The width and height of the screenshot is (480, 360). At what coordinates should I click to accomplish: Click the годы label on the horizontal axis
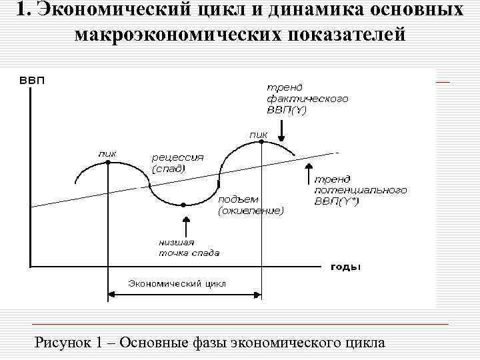pos(345,267)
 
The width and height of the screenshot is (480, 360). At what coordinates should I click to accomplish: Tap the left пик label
pos(107,153)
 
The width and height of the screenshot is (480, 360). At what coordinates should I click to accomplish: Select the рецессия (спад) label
pos(177,163)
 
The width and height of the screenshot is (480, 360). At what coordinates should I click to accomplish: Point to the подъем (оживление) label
pos(251,205)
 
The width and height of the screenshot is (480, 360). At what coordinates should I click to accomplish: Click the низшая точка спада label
pos(189,247)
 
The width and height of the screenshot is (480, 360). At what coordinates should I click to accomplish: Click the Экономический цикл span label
pos(177,283)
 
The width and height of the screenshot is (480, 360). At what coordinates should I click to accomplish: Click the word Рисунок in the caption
pos(63,343)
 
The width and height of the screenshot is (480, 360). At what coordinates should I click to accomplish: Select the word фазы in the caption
pos(203,343)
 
